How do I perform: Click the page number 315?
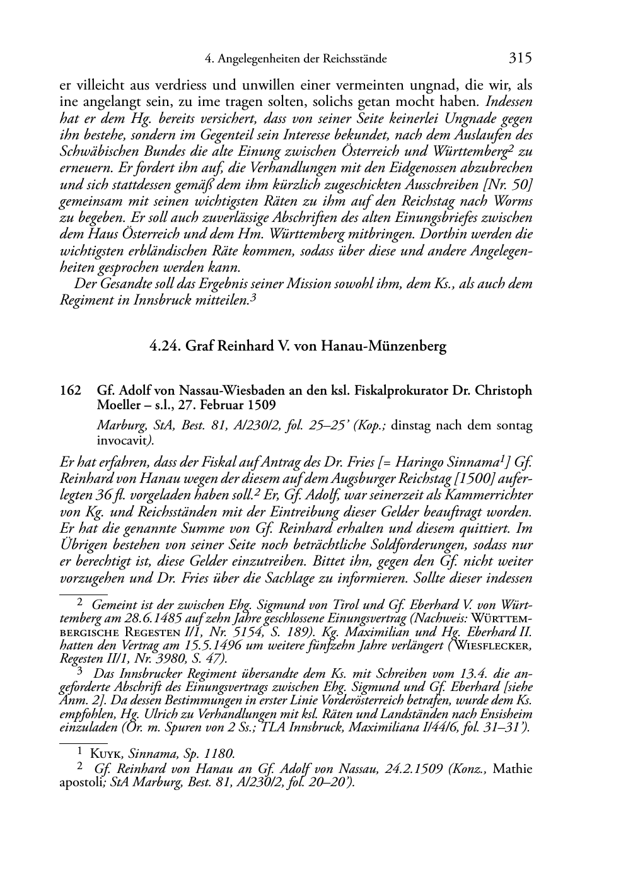(520, 59)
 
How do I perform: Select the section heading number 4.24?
(166, 346)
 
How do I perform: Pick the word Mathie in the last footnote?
(512, 769)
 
